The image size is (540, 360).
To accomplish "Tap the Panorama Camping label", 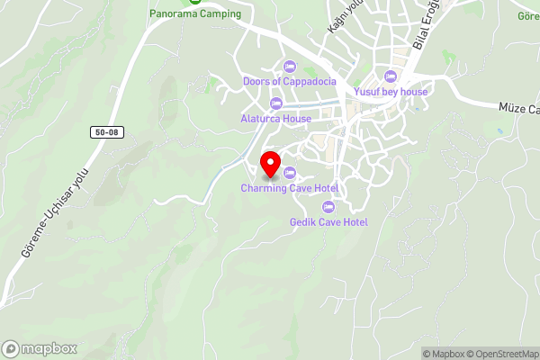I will pos(195,13).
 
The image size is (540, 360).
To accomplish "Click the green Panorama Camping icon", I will pos(193,2).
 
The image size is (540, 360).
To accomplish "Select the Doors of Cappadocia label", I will pos(290,81).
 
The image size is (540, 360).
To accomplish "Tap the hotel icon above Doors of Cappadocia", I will pos(289,66).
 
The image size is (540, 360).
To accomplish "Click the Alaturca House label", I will pos(276,119).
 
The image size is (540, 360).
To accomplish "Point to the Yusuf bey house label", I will pos(391,91).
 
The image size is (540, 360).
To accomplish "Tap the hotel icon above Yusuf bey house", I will pos(390,76).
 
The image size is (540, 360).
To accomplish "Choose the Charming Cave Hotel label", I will pos(289,188).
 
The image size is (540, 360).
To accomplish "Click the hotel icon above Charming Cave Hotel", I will pos(289,173).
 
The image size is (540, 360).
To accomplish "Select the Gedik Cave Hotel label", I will pos(328,221).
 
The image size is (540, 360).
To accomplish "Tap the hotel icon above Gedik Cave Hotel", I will pos(328,206).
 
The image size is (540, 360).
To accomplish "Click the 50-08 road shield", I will pos(106,132).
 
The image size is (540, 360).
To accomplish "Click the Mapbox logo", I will pos(38,348).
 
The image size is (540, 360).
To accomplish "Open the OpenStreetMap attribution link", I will pos(500,354).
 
